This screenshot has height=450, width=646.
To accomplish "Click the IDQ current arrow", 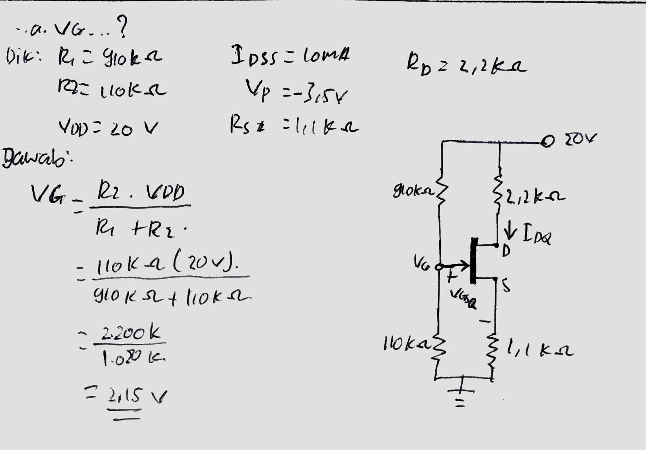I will pos(511,233).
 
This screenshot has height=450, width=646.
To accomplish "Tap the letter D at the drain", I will pos(506,252).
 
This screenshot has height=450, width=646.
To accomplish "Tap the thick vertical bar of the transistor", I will pos(473,261).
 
